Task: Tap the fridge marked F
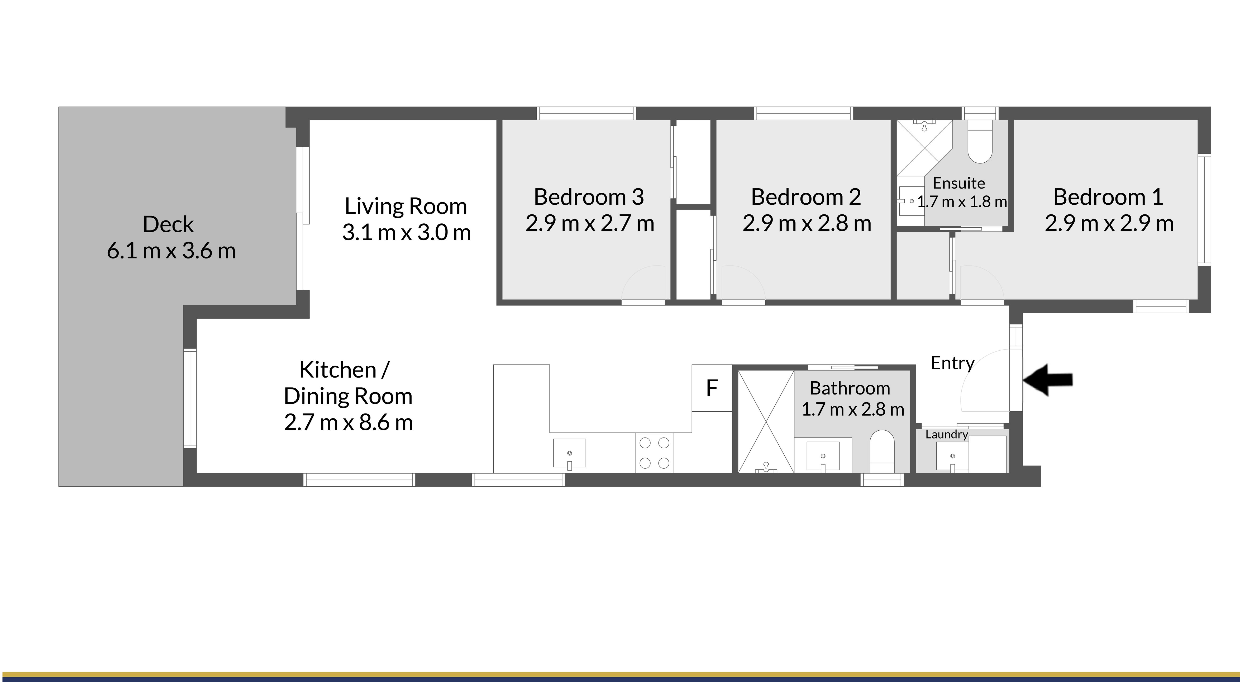tap(712, 388)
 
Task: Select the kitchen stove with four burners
tap(654, 453)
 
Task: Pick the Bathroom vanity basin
tap(823, 456)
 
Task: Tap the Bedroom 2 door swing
tap(741, 284)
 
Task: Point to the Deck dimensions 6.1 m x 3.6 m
tap(171, 251)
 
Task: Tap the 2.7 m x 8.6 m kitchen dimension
tap(348, 422)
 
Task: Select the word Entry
tap(952, 363)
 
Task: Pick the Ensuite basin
tap(910, 201)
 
